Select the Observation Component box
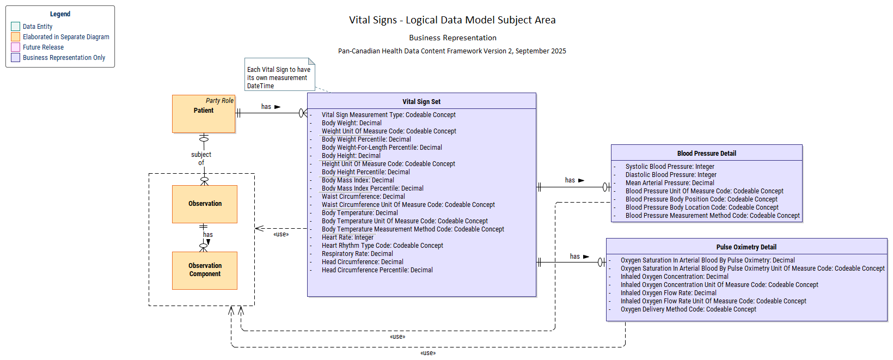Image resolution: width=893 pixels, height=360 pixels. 205,270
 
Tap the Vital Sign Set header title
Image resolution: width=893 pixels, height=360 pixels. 421,102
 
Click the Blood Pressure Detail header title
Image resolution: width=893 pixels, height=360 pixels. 706,154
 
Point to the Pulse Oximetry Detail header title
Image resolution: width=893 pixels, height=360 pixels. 746,247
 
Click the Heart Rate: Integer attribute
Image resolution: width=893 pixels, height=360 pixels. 347,237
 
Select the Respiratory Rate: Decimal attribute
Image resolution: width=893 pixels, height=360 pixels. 357,254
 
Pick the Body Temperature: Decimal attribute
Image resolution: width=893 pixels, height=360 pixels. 359,213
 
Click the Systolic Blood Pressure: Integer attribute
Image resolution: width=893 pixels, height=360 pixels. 670,167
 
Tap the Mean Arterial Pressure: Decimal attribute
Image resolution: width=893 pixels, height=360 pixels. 670,183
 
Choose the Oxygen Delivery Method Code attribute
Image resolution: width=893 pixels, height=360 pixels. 688,309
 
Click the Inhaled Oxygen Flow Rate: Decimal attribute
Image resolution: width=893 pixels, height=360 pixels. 668,293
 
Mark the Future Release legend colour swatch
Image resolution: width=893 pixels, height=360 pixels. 16,47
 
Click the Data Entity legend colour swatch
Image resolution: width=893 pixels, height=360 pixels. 16,27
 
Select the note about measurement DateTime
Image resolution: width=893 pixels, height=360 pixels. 279,77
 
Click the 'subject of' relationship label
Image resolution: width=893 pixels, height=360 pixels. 201,158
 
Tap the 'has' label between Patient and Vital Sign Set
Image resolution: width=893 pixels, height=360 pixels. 266,107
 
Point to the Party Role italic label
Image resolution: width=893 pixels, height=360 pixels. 219,101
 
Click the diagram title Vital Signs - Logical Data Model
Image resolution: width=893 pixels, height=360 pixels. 452,20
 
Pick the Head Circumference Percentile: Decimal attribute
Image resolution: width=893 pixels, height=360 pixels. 377,270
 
